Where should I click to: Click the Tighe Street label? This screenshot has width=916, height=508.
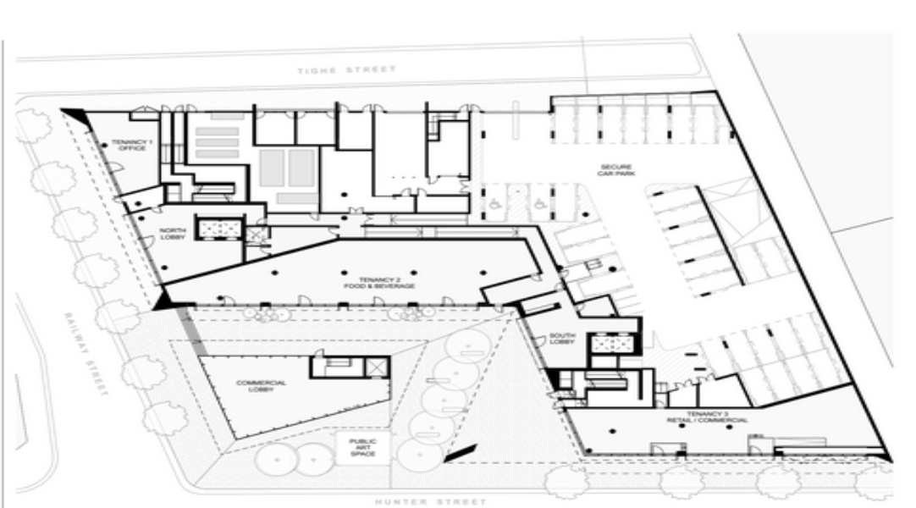pyautogui.click(x=345, y=70)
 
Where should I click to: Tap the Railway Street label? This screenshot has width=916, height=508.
pyautogui.click(x=87, y=353)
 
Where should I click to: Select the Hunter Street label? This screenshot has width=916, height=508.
pyautogui.click(x=429, y=500)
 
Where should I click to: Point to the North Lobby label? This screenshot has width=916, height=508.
pyautogui.click(x=173, y=234)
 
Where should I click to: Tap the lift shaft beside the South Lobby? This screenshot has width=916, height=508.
pyautogui.click(x=610, y=343)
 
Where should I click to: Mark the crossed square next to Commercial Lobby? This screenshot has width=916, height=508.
pyautogui.click(x=376, y=366)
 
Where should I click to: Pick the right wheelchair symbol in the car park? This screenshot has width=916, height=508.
pyautogui.click(x=538, y=203)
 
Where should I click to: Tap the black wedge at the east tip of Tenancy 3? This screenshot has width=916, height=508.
pyautogui.click(x=886, y=456)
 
